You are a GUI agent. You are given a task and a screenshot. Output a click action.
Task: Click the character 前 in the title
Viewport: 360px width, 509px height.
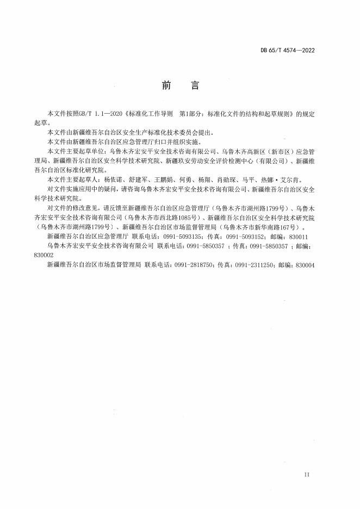coord(166,85)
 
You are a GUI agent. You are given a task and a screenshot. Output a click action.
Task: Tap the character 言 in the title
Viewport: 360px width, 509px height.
coord(194,85)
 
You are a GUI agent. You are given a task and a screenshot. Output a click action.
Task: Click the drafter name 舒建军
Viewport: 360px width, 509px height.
coord(138,179)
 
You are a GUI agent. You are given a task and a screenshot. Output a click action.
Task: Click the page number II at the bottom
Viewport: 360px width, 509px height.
coord(307,475)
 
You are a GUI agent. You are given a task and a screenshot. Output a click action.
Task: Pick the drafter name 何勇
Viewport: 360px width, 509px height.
coord(186,179)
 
